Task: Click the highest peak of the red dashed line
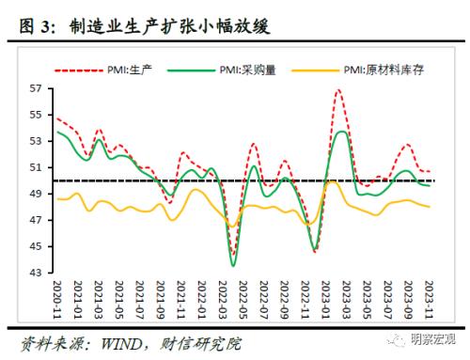[x=337, y=90]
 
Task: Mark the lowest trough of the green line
[x=233, y=266]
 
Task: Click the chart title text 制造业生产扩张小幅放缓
[x=169, y=27]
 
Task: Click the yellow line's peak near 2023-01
[x=329, y=181]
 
